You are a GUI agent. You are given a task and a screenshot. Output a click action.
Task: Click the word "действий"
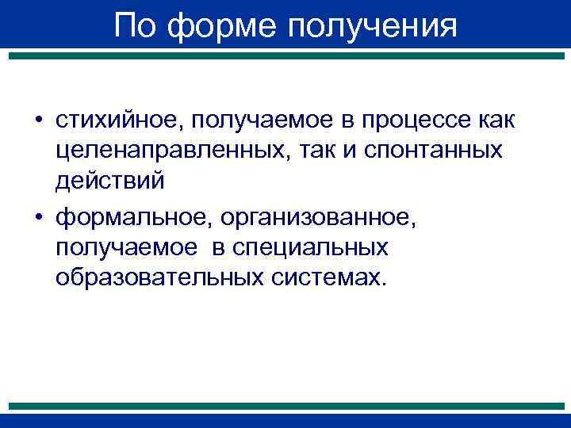(110, 180)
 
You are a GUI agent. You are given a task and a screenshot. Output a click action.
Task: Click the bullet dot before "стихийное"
(38, 120)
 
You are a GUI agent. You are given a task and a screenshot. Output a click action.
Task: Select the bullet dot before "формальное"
(38, 218)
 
